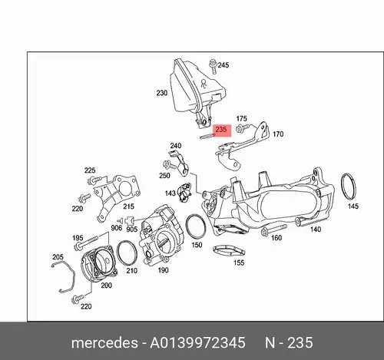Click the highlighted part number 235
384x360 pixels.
point(221,130)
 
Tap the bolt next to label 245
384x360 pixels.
point(213,67)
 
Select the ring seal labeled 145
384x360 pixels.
point(348,187)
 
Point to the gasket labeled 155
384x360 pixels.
point(230,252)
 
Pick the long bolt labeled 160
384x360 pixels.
point(273,230)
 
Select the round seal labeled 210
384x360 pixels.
point(127,253)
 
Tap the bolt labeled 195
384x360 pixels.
point(85,243)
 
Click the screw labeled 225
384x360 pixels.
point(96,180)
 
